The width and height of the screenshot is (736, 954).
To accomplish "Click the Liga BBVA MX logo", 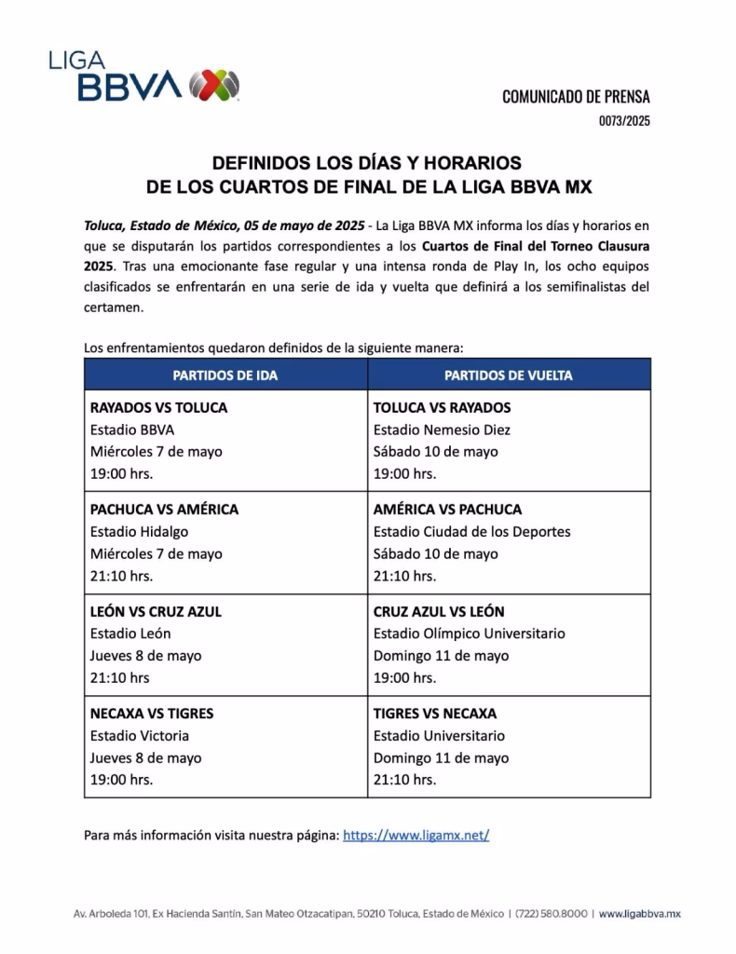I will click(x=145, y=77).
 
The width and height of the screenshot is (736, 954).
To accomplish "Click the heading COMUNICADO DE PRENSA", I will click(x=576, y=96).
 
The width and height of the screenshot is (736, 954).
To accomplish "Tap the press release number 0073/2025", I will click(x=624, y=120).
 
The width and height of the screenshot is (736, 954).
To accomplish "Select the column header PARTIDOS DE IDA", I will click(x=225, y=375).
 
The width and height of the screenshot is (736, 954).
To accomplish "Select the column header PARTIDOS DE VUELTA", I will click(x=509, y=375).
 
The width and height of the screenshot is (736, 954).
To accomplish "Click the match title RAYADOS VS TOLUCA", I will click(x=158, y=407).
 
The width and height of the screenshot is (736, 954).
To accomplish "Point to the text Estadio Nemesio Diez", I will click(x=442, y=429).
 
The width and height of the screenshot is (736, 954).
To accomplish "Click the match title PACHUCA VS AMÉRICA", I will click(x=164, y=510).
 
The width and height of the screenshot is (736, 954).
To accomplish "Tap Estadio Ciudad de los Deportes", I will click(x=471, y=532).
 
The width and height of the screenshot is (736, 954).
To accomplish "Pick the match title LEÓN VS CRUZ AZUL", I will click(x=156, y=612).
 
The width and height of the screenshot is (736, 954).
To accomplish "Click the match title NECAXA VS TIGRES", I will click(x=152, y=714).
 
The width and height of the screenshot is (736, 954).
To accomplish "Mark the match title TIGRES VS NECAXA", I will click(x=435, y=714).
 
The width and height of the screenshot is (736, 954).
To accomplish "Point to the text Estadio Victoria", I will click(x=140, y=736).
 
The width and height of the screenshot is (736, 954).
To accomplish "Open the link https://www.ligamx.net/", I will click(x=416, y=836).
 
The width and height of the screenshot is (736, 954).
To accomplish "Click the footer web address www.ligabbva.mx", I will click(x=639, y=914).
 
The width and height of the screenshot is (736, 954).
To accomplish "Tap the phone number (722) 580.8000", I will click(x=552, y=914).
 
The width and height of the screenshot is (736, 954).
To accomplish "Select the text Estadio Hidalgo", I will click(x=139, y=532).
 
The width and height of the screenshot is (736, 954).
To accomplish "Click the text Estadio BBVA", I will click(x=132, y=429).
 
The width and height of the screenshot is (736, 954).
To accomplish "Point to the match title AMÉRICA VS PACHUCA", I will click(x=447, y=510).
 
